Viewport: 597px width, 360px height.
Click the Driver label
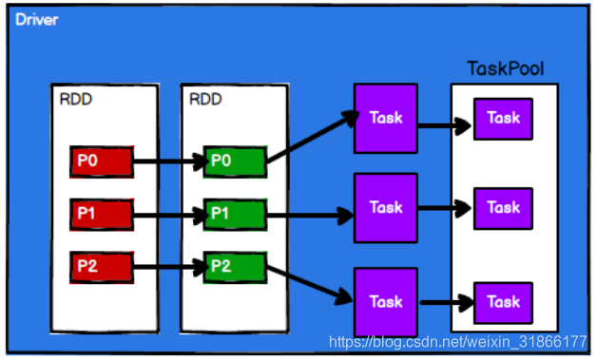tap(36, 19)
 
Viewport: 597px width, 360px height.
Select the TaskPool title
tap(505, 68)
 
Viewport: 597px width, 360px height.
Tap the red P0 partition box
tap(102, 161)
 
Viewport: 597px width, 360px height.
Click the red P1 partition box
tap(102, 215)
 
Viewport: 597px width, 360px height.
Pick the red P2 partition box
tap(102, 267)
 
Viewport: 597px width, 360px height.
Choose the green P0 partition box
tap(235, 161)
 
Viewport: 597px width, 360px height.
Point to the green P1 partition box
tap(235, 215)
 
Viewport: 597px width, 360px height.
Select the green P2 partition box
tap(235, 267)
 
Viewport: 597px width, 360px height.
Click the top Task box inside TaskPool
tap(503, 119)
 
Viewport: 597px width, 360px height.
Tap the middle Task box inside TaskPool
tap(503, 209)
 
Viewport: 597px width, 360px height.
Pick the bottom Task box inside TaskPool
tap(503, 303)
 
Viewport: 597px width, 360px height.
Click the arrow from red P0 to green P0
tap(170, 161)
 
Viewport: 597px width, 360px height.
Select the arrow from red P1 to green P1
tap(170, 216)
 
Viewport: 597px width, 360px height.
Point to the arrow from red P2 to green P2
tap(170, 267)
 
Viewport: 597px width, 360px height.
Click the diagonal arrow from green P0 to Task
tap(312, 138)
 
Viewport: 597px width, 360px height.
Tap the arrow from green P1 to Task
tap(310, 216)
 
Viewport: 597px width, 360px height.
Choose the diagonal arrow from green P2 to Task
tap(309, 284)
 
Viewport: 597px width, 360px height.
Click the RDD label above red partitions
tap(76, 100)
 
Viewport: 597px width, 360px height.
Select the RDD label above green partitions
tap(205, 100)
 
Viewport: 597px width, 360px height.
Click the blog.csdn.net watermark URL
tap(457, 342)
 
